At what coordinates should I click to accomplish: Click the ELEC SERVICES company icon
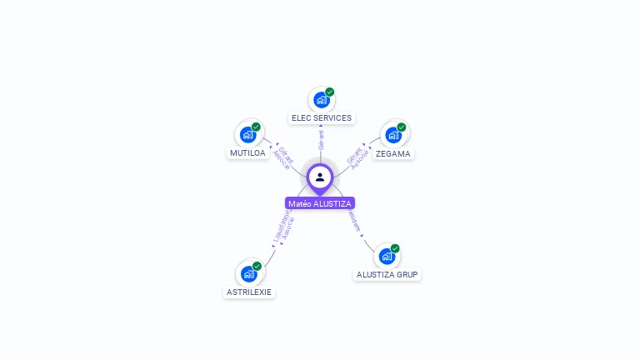(321, 100)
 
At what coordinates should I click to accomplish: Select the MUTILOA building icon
(247, 135)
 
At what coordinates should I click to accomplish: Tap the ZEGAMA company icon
(392, 135)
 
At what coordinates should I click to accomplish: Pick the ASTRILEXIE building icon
(248, 274)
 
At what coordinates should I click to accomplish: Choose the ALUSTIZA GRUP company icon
(387, 257)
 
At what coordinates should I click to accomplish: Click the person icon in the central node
(320, 177)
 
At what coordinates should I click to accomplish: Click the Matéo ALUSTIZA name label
(320, 203)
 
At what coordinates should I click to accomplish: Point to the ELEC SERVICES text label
(322, 118)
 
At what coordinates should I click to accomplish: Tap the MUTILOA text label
(247, 153)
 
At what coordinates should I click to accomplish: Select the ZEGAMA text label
(393, 154)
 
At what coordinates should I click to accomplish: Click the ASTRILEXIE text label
(249, 292)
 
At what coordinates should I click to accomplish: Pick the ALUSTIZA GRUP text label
(387, 274)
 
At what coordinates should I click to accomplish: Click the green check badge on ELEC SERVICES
(330, 92)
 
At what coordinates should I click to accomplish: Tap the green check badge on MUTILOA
(256, 127)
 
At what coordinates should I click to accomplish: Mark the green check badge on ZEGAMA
(402, 127)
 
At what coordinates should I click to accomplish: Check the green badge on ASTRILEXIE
(257, 266)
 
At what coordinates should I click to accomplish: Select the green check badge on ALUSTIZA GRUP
(395, 248)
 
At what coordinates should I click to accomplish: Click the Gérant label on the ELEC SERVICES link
(321, 139)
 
